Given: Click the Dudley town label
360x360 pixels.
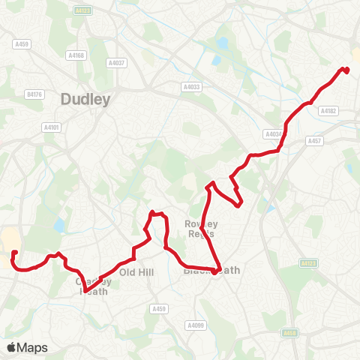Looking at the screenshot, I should coord(85,98).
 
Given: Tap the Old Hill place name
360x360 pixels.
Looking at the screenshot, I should coord(136,271).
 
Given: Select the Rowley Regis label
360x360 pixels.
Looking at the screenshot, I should coord(201,228).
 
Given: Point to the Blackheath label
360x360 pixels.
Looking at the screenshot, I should coord(211,270).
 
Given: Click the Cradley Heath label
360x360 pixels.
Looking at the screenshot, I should coord(94,286).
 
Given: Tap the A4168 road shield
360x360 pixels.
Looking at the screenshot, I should coord(76,55).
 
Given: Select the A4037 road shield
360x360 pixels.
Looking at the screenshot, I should coord(116,62).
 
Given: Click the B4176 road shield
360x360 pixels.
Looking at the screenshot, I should coord(34,94).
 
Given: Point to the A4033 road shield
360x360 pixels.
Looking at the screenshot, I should coord(191,87).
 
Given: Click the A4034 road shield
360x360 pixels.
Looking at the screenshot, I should coord(272,134).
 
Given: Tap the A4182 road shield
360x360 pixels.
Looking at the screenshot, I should coord(328,110).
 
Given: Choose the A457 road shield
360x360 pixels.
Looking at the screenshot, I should coord(313,140).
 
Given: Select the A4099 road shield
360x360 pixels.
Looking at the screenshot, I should coord(194,325).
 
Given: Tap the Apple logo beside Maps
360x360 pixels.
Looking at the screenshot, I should coord(12,347).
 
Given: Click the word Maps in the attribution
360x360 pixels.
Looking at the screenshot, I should coord(33,347).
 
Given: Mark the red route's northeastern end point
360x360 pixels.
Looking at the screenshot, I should coord(346,70).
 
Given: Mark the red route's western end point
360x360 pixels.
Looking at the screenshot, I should coord(14,253).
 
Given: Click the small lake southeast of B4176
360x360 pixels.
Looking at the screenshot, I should coord(58,224).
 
